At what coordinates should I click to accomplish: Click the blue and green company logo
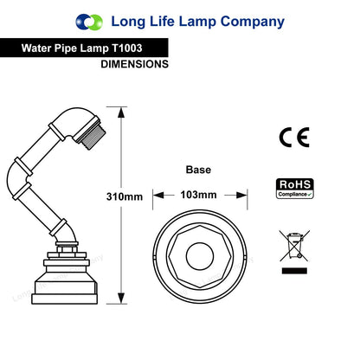pyautogui.click(x=89, y=22)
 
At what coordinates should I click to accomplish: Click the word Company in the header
pyautogui.click(x=253, y=22)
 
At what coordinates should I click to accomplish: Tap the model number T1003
pyautogui.click(x=127, y=48)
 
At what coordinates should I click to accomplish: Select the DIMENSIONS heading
pyautogui.click(x=135, y=64)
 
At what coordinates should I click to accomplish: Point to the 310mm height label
pyautogui.click(x=125, y=196)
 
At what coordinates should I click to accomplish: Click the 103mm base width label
pyautogui.click(x=198, y=195)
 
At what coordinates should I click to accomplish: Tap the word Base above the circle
pyautogui.click(x=198, y=170)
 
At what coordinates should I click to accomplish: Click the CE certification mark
pyautogui.click(x=294, y=138)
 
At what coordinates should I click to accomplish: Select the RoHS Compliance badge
pyautogui.click(x=295, y=189)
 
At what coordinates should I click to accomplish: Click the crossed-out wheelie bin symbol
pyautogui.click(x=294, y=246)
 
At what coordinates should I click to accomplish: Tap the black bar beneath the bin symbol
pyautogui.click(x=294, y=271)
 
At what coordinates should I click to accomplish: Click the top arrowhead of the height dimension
pyautogui.click(x=121, y=112)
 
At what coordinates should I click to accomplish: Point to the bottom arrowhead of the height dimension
pyautogui.click(x=121, y=298)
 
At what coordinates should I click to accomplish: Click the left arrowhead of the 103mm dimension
pyautogui.click(x=158, y=196)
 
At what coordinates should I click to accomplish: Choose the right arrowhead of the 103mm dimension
pyautogui.click(x=241, y=196)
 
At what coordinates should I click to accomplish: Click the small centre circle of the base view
pyautogui.click(x=200, y=256)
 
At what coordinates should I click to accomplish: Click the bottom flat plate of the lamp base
pyautogui.click(x=65, y=299)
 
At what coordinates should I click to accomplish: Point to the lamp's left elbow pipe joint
pyautogui.click(x=17, y=177)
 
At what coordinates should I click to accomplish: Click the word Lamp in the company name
pyautogui.click(x=197, y=22)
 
